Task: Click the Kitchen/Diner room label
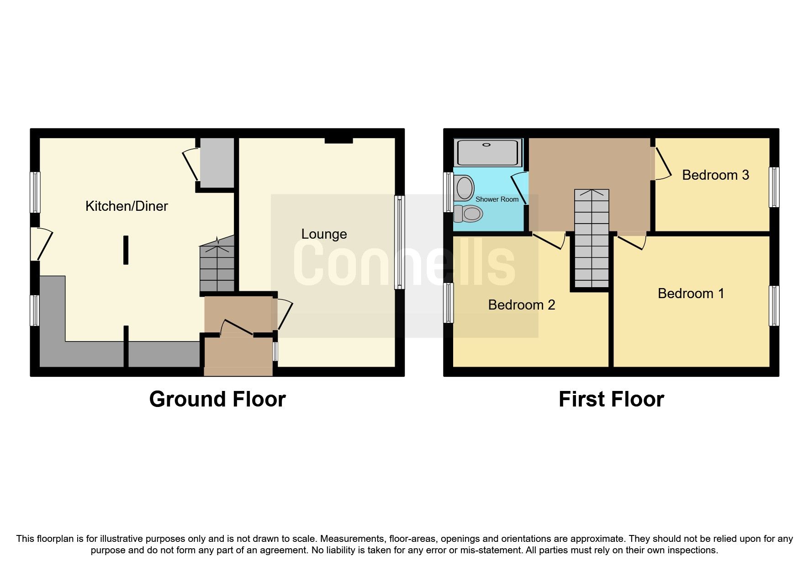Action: [x=127, y=206]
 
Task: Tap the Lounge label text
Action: [x=324, y=234]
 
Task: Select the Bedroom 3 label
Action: [x=715, y=175]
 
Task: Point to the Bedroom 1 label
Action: [x=691, y=294]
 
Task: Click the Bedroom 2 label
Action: [x=521, y=305]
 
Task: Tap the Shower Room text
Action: [x=497, y=199]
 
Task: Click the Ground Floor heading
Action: [x=217, y=399]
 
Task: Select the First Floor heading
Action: [x=611, y=399]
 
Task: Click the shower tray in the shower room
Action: [x=488, y=153]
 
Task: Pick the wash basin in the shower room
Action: [x=464, y=188]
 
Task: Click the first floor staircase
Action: [x=592, y=238]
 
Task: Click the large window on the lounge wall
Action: [x=399, y=242]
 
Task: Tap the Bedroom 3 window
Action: [x=774, y=187]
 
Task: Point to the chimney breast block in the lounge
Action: [x=338, y=140]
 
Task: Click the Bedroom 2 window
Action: [x=449, y=303]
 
